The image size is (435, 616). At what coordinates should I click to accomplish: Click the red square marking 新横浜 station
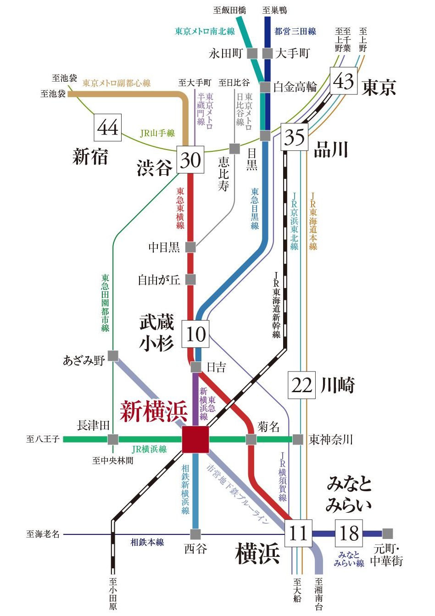(195, 439)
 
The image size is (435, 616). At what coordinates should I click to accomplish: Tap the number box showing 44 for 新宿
(108, 128)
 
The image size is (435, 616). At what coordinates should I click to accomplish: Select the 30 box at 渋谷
(190, 160)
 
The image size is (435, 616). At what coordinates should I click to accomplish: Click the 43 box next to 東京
(344, 81)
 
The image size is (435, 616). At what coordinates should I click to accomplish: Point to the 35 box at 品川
(294, 137)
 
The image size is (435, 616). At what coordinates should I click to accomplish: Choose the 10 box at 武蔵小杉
(196, 333)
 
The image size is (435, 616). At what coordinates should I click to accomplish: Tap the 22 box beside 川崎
(301, 385)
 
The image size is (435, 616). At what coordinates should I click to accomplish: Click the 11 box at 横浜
(298, 533)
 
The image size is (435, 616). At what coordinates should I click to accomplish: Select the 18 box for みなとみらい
(349, 533)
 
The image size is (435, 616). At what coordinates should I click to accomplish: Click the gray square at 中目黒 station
(190, 247)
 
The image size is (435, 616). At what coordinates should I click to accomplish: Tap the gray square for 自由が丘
(190, 279)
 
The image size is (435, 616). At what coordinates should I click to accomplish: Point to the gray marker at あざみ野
(113, 356)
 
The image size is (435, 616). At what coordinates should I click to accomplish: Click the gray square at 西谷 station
(195, 534)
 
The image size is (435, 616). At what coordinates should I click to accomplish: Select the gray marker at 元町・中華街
(388, 533)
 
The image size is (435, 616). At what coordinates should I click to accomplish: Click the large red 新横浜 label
(154, 411)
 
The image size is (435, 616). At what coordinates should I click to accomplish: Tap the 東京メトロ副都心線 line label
(117, 83)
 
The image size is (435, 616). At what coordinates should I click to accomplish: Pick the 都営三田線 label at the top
(295, 31)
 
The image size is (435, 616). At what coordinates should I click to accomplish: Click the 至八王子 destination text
(43, 439)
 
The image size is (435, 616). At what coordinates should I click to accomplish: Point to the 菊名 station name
(269, 427)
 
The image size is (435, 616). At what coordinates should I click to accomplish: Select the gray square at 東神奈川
(298, 439)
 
